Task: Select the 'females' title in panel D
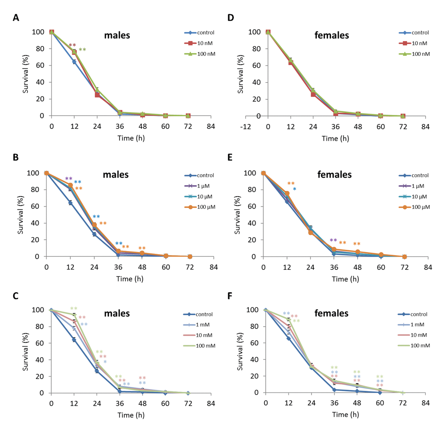tap(332, 35)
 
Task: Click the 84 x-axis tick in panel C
tap(211, 404)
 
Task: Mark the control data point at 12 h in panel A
tap(74, 62)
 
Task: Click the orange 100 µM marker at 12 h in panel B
tap(70, 185)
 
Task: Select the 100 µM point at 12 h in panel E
tap(287, 193)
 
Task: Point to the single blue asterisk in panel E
tap(295, 189)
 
